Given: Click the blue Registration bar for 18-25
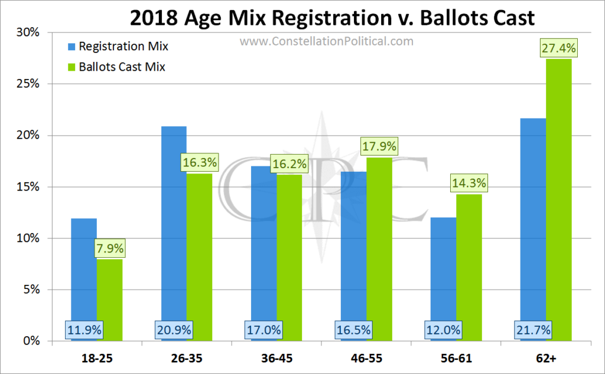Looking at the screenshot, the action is click(84, 280).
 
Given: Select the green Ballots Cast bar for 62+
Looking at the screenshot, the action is click(559, 200).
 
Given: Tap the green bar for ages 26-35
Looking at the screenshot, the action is click(199, 257).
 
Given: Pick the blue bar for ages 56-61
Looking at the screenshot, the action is click(443, 279).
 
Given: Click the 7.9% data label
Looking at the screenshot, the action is click(110, 248).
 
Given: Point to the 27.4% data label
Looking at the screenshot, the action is click(559, 48).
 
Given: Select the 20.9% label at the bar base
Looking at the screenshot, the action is click(174, 330).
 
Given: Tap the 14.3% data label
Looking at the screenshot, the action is click(469, 183).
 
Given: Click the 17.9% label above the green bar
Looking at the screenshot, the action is click(379, 146).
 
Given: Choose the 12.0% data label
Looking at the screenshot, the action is click(443, 330).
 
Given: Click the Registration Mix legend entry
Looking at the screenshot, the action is click(118, 47).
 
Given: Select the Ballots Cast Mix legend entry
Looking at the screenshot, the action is click(117, 67).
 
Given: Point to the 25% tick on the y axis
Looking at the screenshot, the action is click(28, 84).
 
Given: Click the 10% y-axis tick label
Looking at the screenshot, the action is click(28, 238).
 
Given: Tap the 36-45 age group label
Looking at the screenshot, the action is click(277, 359).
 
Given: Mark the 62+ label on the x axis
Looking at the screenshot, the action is click(546, 359).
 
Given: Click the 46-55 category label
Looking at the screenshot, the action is click(366, 359).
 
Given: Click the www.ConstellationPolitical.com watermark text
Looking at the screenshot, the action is click(326, 41).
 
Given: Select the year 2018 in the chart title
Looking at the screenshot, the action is click(154, 18).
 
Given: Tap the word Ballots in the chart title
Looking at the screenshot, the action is click(448, 18).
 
